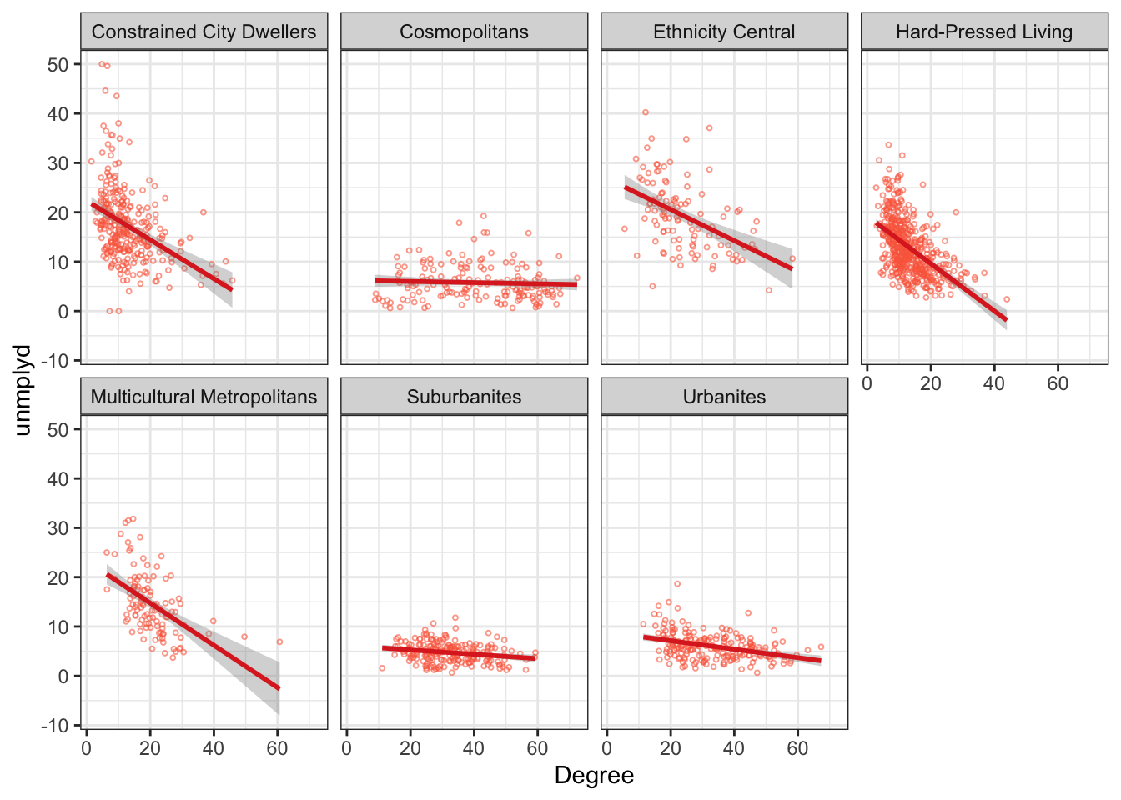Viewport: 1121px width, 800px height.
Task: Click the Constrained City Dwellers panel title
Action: pyautogui.click(x=204, y=32)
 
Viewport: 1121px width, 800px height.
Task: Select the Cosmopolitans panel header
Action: pyautogui.click(x=464, y=32)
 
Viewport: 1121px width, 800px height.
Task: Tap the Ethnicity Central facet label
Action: pyautogui.click(x=724, y=32)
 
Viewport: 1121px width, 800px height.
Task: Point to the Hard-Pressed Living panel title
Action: pyautogui.click(x=984, y=32)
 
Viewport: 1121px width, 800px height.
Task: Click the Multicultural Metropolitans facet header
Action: pyautogui.click(x=204, y=397)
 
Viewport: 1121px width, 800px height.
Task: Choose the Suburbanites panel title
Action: pyautogui.click(x=464, y=397)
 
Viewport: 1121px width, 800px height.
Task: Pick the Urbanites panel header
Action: pyautogui.click(x=724, y=397)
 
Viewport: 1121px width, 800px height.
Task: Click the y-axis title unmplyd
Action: pyautogui.click(x=23, y=390)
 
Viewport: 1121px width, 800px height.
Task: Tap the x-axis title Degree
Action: pyautogui.click(x=594, y=776)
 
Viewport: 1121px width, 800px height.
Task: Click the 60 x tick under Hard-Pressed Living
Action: pyautogui.click(x=1058, y=383)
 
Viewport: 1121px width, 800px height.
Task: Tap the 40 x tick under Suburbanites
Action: pyautogui.click(x=474, y=748)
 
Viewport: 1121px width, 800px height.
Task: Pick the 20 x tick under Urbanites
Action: pyautogui.click(x=671, y=748)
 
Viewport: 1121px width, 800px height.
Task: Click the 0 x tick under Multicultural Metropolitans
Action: pyautogui.click(x=87, y=748)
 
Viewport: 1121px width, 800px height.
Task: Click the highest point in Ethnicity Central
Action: pyautogui.click(x=646, y=112)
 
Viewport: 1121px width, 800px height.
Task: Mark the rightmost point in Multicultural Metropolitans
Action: pyautogui.click(x=279, y=642)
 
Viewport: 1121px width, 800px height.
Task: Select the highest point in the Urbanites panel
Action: pyautogui.click(x=677, y=584)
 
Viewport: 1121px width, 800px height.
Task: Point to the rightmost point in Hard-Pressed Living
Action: pyautogui.click(x=1007, y=299)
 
